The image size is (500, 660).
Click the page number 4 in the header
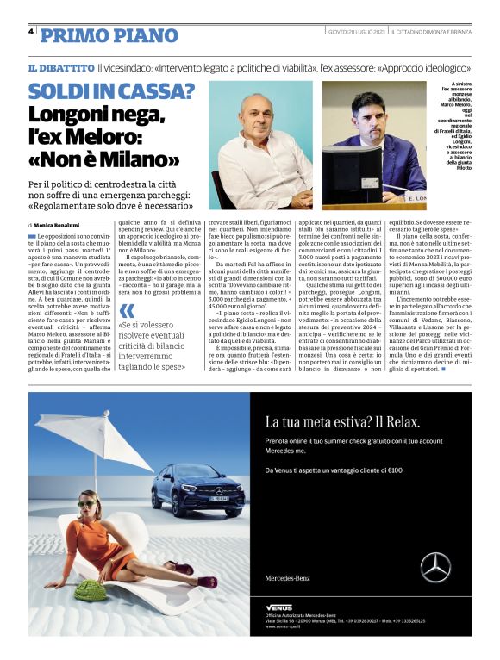coord(31,32)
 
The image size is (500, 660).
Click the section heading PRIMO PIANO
coord(109,35)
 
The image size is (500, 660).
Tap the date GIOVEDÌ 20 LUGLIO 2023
coord(354,32)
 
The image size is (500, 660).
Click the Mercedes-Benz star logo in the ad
coord(435,567)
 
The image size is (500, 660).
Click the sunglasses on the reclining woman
coord(87,504)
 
